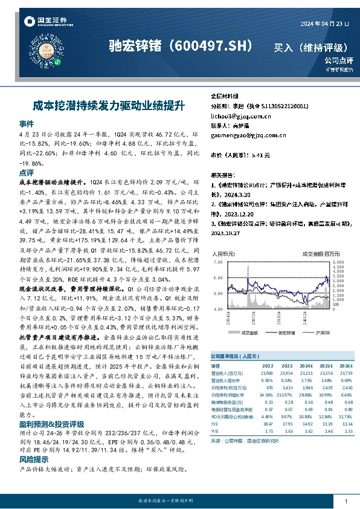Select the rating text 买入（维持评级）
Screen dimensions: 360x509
[x=311, y=47]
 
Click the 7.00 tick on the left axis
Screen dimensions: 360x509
[x=217, y=262]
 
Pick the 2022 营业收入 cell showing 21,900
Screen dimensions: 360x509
[x=266, y=372]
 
